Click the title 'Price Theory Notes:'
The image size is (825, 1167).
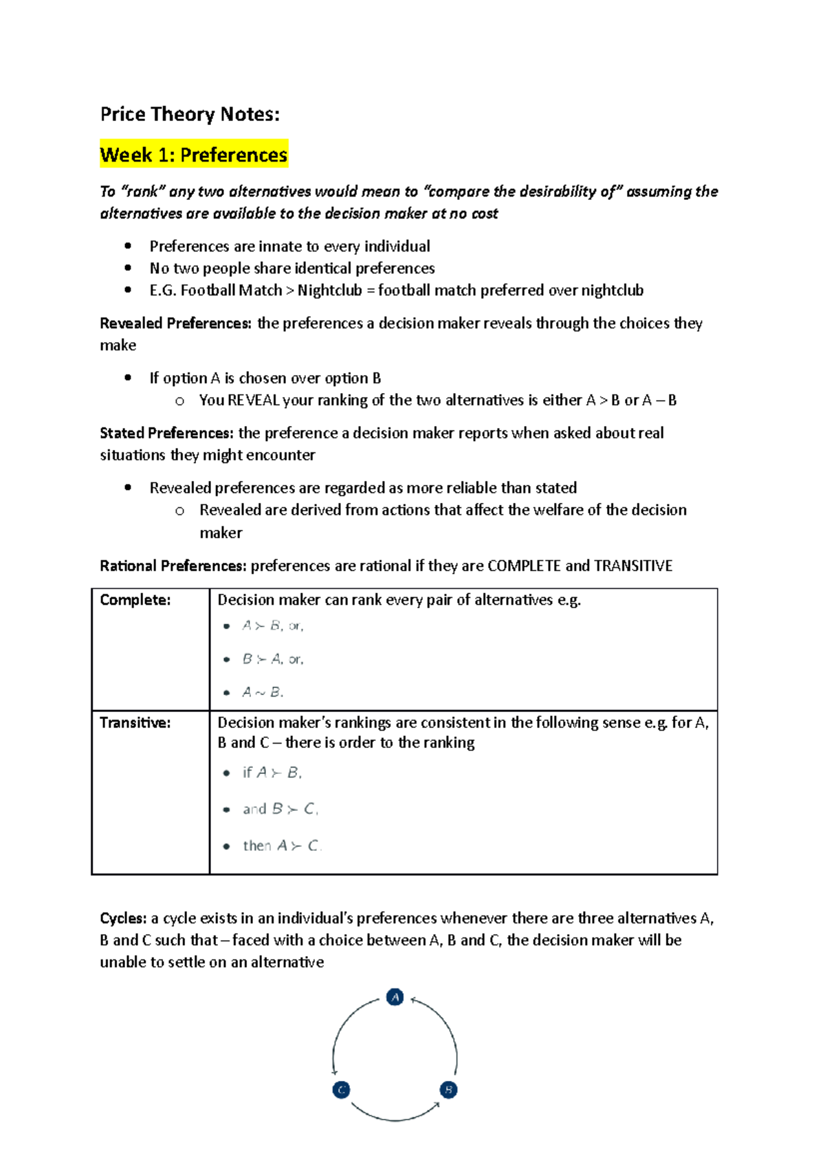(190, 114)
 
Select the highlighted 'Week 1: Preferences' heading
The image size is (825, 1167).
(194, 155)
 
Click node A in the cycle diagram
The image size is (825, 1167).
(395, 997)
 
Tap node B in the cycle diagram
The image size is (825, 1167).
(448, 1089)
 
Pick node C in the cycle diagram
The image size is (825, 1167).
(341, 1089)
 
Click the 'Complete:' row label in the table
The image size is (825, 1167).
(135, 600)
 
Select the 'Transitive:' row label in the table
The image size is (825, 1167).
(135, 722)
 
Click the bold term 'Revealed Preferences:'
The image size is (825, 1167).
(176, 323)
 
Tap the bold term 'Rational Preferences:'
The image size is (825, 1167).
(173, 566)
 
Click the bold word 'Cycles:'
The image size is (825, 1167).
(123, 918)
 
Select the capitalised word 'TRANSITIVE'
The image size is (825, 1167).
(633, 566)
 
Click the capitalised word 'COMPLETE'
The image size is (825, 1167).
(524, 566)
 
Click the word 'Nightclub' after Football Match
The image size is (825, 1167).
(329, 290)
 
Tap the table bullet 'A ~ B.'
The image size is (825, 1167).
(262, 692)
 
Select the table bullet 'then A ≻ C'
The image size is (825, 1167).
(281, 845)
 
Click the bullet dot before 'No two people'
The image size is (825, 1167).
(128, 268)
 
